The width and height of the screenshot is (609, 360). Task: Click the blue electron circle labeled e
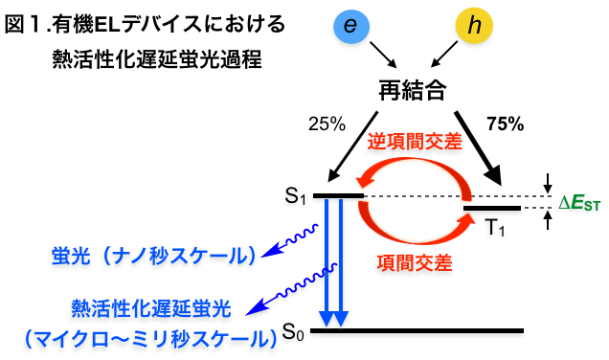pos(350,27)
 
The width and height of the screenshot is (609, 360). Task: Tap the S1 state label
pos(295,198)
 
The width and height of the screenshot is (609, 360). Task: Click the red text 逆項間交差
pos(415,141)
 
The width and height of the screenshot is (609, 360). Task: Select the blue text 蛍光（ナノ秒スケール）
pos(154,257)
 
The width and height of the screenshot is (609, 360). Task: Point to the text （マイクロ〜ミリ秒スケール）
pos(147,338)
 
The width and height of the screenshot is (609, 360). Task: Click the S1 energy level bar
pos(338,197)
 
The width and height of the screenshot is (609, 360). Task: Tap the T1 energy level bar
pos(491,209)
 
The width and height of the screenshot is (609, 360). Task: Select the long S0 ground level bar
pos(417,333)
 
